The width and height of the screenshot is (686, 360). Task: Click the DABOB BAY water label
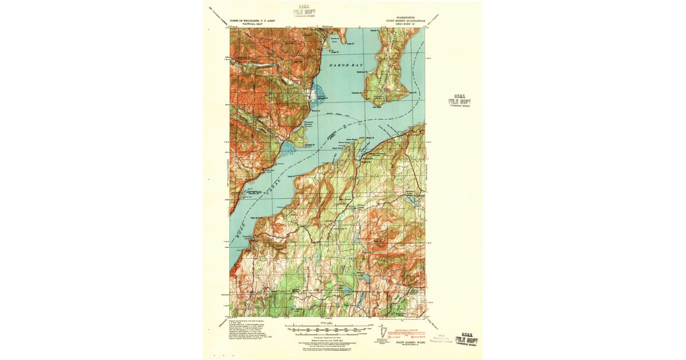(346, 66)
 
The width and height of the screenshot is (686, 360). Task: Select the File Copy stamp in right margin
(462, 101)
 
